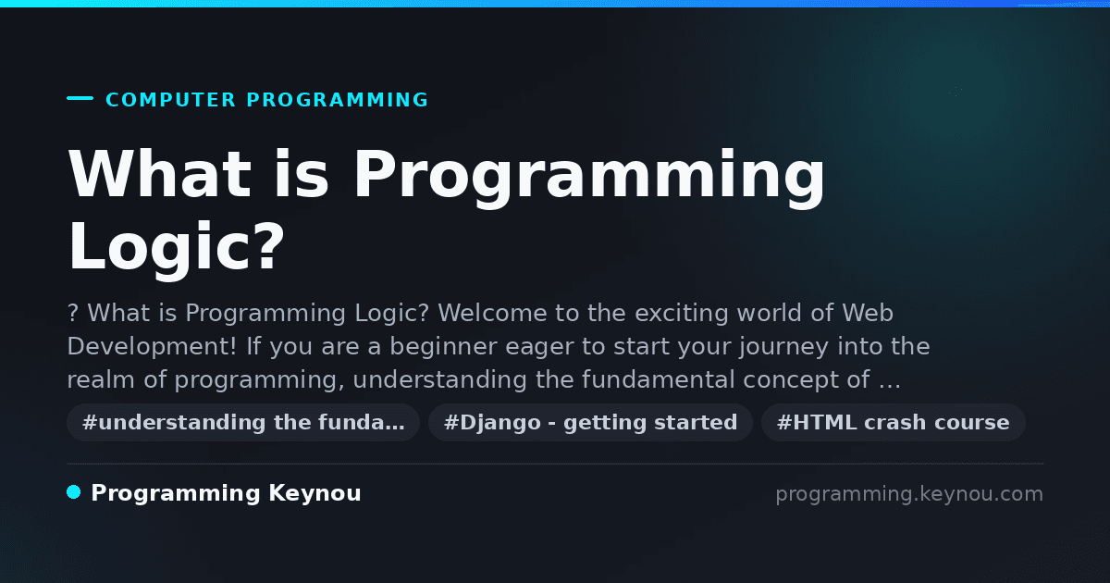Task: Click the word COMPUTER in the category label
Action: tap(170, 100)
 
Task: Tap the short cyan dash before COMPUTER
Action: tap(80, 98)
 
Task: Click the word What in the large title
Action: tap(159, 174)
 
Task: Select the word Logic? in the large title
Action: tap(176, 247)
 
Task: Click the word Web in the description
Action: tap(868, 313)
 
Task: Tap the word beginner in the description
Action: tap(443, 346)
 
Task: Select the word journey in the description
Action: tap(783, 347)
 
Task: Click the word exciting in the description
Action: tap(682, 314)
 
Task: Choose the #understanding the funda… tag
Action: tap(243, 422)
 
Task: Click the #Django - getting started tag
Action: tap(591, 422)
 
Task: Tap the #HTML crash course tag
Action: tap(893, 422)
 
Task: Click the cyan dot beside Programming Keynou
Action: tap(74, 492)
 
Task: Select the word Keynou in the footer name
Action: tap(314, 494)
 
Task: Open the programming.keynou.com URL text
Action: tap(909, 494)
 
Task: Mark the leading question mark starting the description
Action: tap(73, 314)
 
